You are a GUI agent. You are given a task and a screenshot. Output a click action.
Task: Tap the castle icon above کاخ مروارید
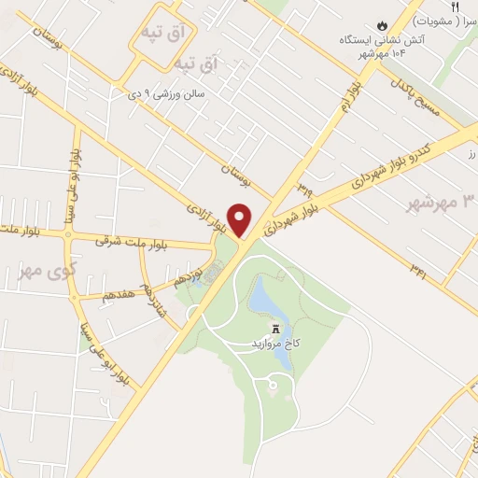[x=275, y=329]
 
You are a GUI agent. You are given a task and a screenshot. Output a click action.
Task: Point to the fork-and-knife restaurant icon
[x=456, y=7]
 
